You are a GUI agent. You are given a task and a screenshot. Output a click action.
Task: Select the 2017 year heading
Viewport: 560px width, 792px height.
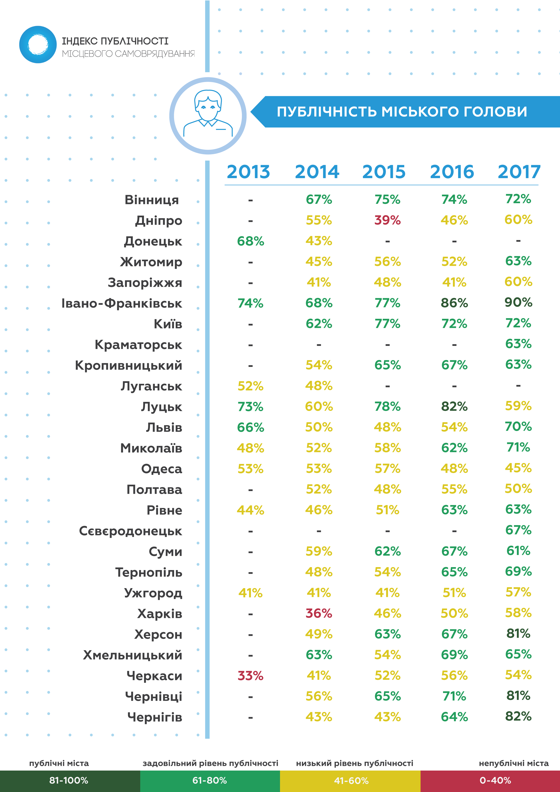[519, 172]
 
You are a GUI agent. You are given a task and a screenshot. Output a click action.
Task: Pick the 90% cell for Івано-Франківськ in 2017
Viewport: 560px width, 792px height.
[518, 303]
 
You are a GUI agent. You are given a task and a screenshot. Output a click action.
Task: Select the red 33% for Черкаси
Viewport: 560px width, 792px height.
[250, 676]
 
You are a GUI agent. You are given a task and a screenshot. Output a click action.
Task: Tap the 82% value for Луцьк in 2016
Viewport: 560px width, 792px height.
[454, 407]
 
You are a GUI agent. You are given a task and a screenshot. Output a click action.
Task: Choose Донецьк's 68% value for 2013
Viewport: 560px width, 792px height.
[250, 241]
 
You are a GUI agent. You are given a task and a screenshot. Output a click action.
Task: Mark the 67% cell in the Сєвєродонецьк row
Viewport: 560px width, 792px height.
[518, 530]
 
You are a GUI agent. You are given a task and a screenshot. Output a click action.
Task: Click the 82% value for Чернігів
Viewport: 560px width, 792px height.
[518, 716]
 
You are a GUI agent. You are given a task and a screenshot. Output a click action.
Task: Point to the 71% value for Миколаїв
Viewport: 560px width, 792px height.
[518, 447]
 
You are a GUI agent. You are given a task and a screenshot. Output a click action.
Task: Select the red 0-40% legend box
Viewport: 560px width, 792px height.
[490, 781]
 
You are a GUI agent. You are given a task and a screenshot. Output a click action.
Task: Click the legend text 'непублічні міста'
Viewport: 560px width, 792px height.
[513, 763]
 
